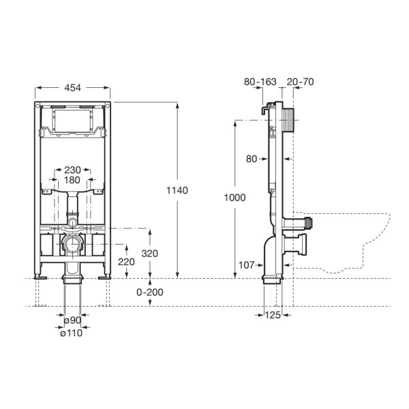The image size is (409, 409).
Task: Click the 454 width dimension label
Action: click(x=72, y=88)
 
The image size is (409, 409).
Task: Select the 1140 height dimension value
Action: click(x=177, y=190)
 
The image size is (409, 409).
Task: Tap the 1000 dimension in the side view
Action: click(x=234, y=198)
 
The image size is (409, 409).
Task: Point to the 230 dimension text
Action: click(x=72, y=170)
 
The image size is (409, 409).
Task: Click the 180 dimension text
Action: click(x=72, y=180)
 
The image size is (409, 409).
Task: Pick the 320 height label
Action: click(x=150, y=254)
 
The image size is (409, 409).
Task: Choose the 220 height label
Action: click(x=126, y=262)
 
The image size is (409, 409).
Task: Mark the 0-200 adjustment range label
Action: click(x=150, y=292)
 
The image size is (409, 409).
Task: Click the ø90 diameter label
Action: click(x=73, y=320)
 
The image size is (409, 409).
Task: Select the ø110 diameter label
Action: click(x=71, y=333)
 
